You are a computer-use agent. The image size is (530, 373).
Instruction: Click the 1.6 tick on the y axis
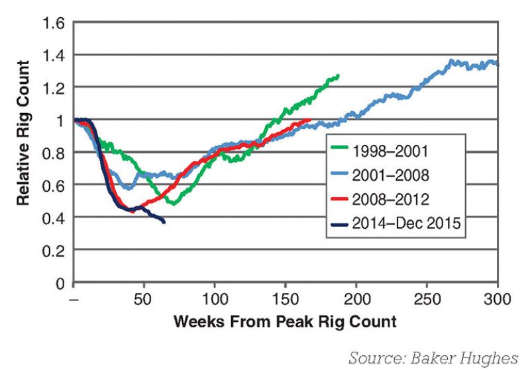[54, 23]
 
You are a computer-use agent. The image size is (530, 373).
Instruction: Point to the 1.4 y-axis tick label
[54, 55]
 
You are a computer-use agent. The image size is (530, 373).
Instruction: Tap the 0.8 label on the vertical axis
[54, 152]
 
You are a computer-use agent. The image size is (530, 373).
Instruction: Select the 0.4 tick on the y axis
[54, 218]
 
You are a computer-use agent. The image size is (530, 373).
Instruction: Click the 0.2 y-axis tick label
[54, 251]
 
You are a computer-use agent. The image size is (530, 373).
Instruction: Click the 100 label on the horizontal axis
[215, 299]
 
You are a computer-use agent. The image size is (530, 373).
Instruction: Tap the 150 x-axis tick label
[286, 299]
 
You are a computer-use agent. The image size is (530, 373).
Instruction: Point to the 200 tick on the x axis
[356, 299]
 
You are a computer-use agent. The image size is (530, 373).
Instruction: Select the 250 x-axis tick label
[427, 299]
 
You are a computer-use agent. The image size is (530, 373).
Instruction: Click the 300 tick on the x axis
[498, 299]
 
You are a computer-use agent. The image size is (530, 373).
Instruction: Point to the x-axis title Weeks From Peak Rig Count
[286, 322]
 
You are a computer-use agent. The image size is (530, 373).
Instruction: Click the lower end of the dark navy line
[164, 222]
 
